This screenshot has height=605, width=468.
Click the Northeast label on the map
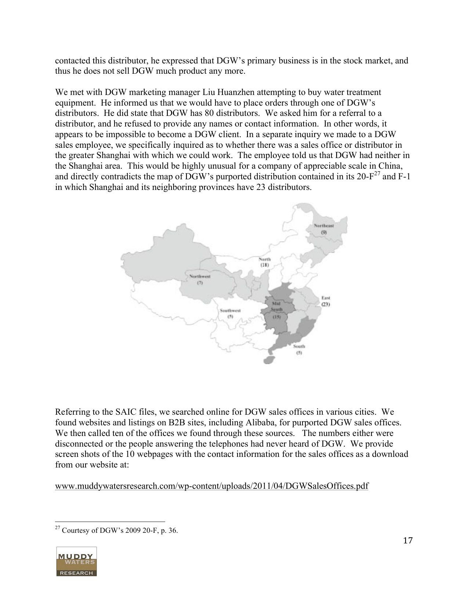(x=324, y=225)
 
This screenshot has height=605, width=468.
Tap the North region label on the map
(x=265, y=259)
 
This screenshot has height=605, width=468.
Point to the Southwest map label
(x=230, y=311)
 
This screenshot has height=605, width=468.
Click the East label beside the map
(x=326, y=298)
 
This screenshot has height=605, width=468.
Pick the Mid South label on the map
(x=276, y=306)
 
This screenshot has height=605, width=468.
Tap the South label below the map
(x=299, y=346)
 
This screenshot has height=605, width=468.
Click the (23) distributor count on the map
(x=326, y=304)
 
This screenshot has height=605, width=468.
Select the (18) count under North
(x=265, y=265)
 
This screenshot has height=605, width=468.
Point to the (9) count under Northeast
(x=324, y=232)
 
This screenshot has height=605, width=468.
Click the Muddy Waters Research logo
(x=76, y=561)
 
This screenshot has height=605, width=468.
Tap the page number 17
(x=407, y=540)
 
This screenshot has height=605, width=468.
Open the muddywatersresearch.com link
(x=211, y=486)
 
